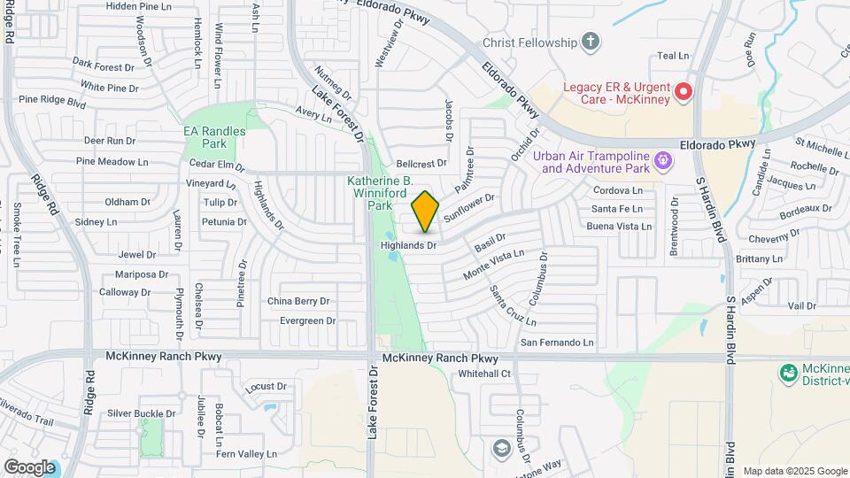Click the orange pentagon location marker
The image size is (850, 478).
(426, 212)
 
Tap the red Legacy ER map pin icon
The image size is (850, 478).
(683, 91)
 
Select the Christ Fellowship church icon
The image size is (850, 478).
(591, 42)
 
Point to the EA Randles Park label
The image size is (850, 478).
(213, 137)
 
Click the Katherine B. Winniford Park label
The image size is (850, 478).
(379, 192)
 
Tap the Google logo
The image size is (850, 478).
(29, 466)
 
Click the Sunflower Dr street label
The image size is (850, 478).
(468, 207)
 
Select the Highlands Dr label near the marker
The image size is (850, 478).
(409, 244)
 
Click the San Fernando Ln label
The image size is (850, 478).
(556, 342)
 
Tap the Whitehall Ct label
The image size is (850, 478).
(484, 374)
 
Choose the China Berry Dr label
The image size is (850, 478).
(298, 301)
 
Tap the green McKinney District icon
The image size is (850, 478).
(787, 374)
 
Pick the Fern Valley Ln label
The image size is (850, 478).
(247, 454)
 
